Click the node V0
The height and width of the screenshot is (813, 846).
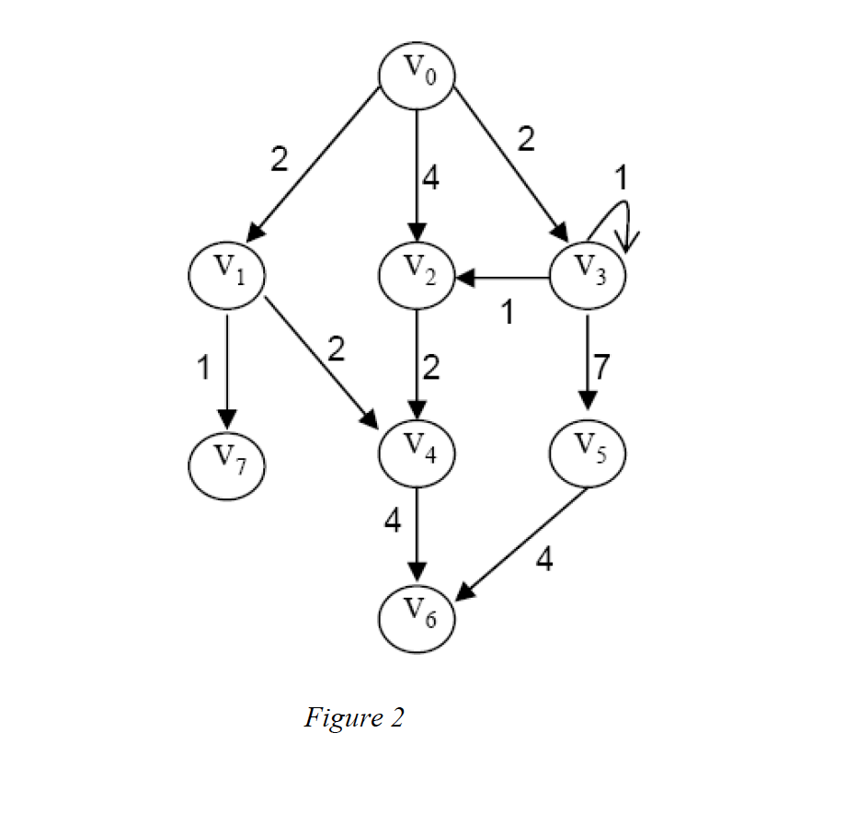(x=417, y=74)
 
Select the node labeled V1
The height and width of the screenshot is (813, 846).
(x=226, y=273)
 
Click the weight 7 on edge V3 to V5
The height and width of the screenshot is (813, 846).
(x=602, y=366)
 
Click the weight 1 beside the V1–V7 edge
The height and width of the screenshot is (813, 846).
(x=205, y=368)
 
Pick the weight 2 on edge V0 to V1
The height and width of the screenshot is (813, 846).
(x=279, y=160)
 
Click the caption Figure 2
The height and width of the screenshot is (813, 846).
(x=354, y=717)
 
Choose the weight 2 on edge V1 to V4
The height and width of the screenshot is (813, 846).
(x=337, y=350)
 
